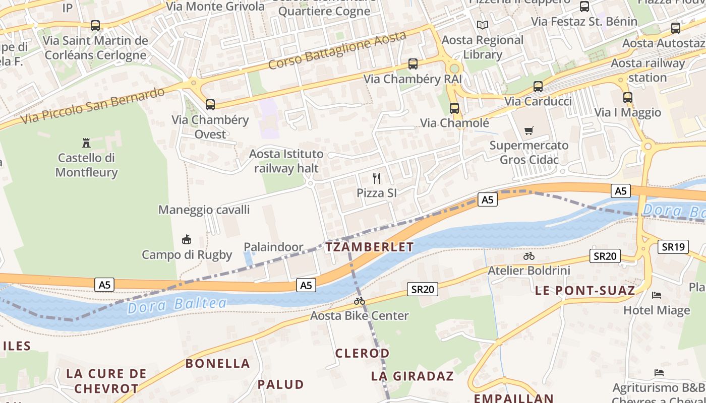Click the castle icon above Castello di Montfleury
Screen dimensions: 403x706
(86, 143)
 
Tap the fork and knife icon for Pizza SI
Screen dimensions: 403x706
(377, 178)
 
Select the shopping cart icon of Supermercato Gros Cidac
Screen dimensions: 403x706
(529, 131)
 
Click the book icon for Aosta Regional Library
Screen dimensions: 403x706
(483, 25)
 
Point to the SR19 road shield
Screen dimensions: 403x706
(673, 247)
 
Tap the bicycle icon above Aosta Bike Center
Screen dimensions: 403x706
(360, 301)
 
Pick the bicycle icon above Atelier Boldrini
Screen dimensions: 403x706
(529, 256)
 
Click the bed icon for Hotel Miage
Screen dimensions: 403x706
(657, 295)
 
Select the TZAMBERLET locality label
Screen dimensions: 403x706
(370, 247)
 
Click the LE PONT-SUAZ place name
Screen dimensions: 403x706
(585, 290)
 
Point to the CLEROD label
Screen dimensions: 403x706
(363, 353)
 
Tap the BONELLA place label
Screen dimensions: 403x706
(218, 363)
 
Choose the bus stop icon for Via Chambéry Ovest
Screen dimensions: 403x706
(210, 105)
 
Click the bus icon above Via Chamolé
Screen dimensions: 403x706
(454, 108)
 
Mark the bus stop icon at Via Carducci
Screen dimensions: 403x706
(538, 87)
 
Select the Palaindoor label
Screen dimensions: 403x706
(273, 247)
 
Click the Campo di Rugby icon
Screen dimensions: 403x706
(187, 239)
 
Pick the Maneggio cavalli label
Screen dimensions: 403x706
(204, 210)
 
